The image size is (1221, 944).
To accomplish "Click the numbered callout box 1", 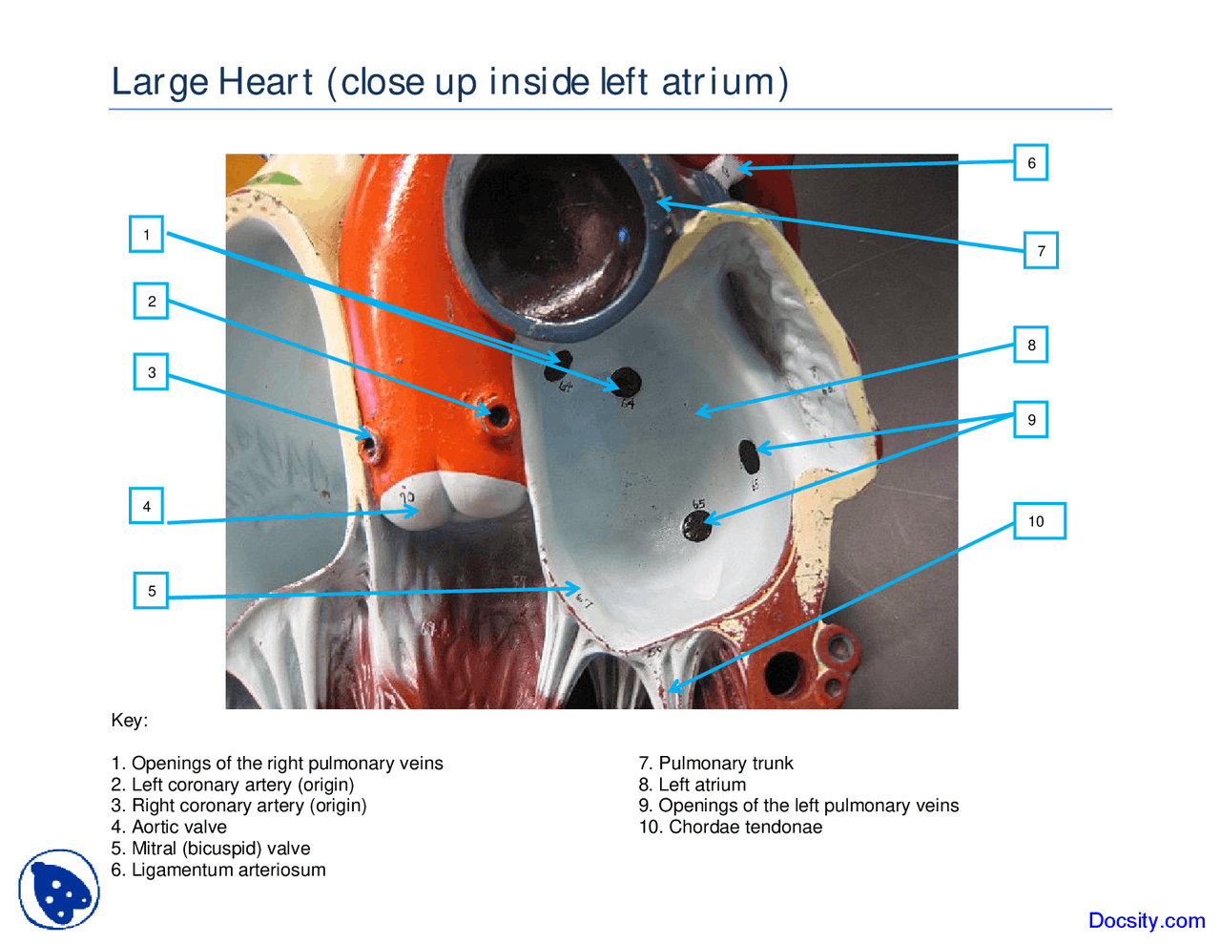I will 146,235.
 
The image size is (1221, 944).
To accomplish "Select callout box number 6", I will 1030,163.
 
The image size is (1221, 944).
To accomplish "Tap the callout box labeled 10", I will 1038,521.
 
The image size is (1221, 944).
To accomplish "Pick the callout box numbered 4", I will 146,506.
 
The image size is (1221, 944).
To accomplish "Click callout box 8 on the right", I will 1030,345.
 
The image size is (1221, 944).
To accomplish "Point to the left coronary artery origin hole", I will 498,415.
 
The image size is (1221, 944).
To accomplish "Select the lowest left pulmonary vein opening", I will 697,526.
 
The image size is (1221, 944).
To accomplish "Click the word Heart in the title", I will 265,82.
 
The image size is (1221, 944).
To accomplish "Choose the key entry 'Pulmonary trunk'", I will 715,764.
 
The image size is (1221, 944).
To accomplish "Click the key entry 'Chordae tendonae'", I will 730,828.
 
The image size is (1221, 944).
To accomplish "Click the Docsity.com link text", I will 1146,921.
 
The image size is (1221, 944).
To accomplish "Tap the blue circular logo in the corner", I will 59,890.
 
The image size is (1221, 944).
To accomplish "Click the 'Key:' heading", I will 130,721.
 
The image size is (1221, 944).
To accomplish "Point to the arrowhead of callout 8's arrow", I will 699,412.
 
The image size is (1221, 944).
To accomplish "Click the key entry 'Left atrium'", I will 693,785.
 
